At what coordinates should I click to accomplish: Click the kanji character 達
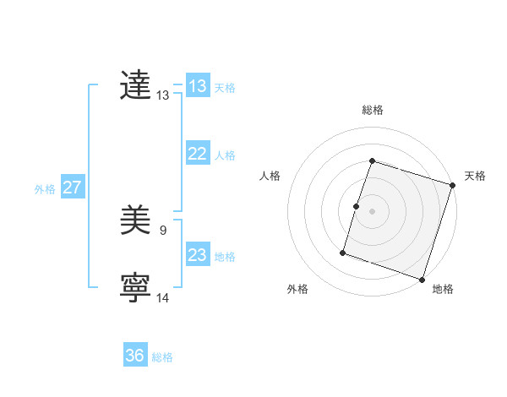click(x=135, y=86)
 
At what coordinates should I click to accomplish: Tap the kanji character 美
click(x=135, y=222)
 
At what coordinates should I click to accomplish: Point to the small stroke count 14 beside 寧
click(x=163, y=297)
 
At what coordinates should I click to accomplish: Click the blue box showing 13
click(x=197, y=86)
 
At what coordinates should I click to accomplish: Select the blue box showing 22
click(x=197, y=154)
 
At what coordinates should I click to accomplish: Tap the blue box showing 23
click(x=197, y=255)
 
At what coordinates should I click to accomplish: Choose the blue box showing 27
click(x=72, y=188)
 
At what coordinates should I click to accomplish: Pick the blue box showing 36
click(x=134, y=356)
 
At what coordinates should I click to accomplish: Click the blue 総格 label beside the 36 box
click(x=162, y=357)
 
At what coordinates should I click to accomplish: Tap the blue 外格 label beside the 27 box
click(x=45, y=189)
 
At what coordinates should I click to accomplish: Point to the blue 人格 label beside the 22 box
click(x=225, y=155)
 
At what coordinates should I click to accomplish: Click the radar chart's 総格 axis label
click(x=372, y=110)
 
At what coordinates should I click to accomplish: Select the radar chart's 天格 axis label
click(x=476, y=176)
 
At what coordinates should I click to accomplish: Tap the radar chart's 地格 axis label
click(x=443, y=289)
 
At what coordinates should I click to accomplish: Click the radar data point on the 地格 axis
click(x=422, y=280)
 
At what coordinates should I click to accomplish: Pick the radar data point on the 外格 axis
click(x=343, y=252)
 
